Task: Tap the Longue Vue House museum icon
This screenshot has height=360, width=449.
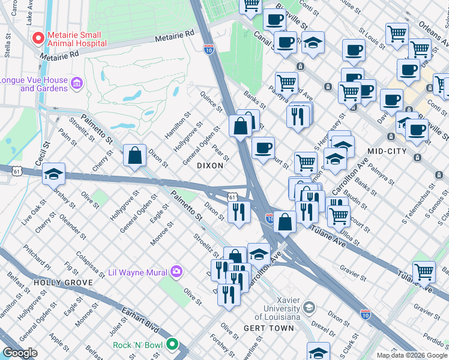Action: (76, 82)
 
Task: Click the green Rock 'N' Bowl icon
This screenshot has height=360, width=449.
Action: (172, 344)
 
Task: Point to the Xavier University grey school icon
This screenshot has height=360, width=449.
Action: (309, 308)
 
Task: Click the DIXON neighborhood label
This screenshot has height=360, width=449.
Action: (211, 166)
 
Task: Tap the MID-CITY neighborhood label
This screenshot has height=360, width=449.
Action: (388, 151)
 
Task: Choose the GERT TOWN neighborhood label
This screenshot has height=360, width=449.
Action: (269, 328)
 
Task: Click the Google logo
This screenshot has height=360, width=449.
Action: (20, 353)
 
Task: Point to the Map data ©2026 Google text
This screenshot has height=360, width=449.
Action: (412, 355)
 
